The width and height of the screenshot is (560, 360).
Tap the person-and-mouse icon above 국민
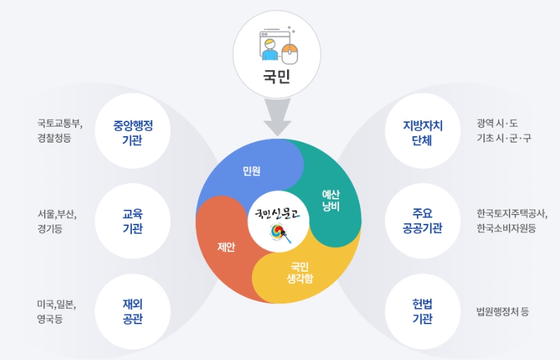pos(279,44)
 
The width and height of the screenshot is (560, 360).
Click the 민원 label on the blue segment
pos(252,171)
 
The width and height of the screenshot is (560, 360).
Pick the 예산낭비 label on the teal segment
pos(331,200)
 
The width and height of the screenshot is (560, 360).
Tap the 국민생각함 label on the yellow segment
pos(300,272)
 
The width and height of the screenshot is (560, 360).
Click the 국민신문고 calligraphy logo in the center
pos(279,214)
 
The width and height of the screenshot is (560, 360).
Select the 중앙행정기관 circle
pos(133,131)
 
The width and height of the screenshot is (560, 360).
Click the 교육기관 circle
pos(133,221)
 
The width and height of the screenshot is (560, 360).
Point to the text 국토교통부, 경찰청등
pos(60,131)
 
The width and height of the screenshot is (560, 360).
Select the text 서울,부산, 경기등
pos(57,221)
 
